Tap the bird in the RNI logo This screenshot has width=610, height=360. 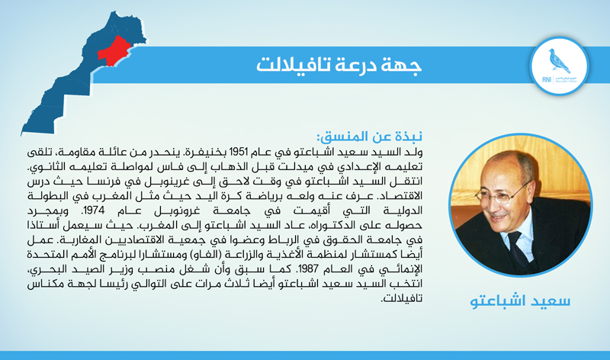[559, 61]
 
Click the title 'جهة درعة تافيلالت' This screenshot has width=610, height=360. [339, 65]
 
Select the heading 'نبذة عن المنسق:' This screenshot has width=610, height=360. [370, 137]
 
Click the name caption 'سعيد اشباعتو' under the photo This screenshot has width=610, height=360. [520, 301]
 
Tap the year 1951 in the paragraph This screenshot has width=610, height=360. [239, 151]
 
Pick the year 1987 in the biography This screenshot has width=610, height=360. [308, 269]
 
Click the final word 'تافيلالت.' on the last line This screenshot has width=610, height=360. [401, 298]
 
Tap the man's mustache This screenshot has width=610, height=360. [499, 215]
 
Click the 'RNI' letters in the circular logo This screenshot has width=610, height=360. [547, 80]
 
